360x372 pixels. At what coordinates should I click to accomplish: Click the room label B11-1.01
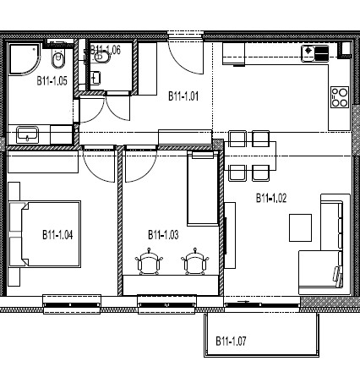183,96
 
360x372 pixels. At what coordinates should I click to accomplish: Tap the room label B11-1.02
271,198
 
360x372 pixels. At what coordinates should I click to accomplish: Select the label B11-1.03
163,234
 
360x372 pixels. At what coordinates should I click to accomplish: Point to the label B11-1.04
57,234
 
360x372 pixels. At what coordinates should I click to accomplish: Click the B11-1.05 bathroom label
52,81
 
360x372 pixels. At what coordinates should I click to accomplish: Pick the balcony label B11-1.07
231,341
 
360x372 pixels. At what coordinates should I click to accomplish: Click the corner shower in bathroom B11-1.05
24,59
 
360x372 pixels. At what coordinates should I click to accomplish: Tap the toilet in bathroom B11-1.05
58,57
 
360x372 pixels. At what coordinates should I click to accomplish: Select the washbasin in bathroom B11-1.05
27,134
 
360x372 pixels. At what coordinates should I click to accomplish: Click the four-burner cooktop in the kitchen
340,97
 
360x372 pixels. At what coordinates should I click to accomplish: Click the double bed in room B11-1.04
45,234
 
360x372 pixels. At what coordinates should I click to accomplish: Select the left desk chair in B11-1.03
149,261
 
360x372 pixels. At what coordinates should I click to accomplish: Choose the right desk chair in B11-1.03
195,261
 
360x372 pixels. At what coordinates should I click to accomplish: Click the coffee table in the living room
300,227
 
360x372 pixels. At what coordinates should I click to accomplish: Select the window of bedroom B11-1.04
72,304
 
